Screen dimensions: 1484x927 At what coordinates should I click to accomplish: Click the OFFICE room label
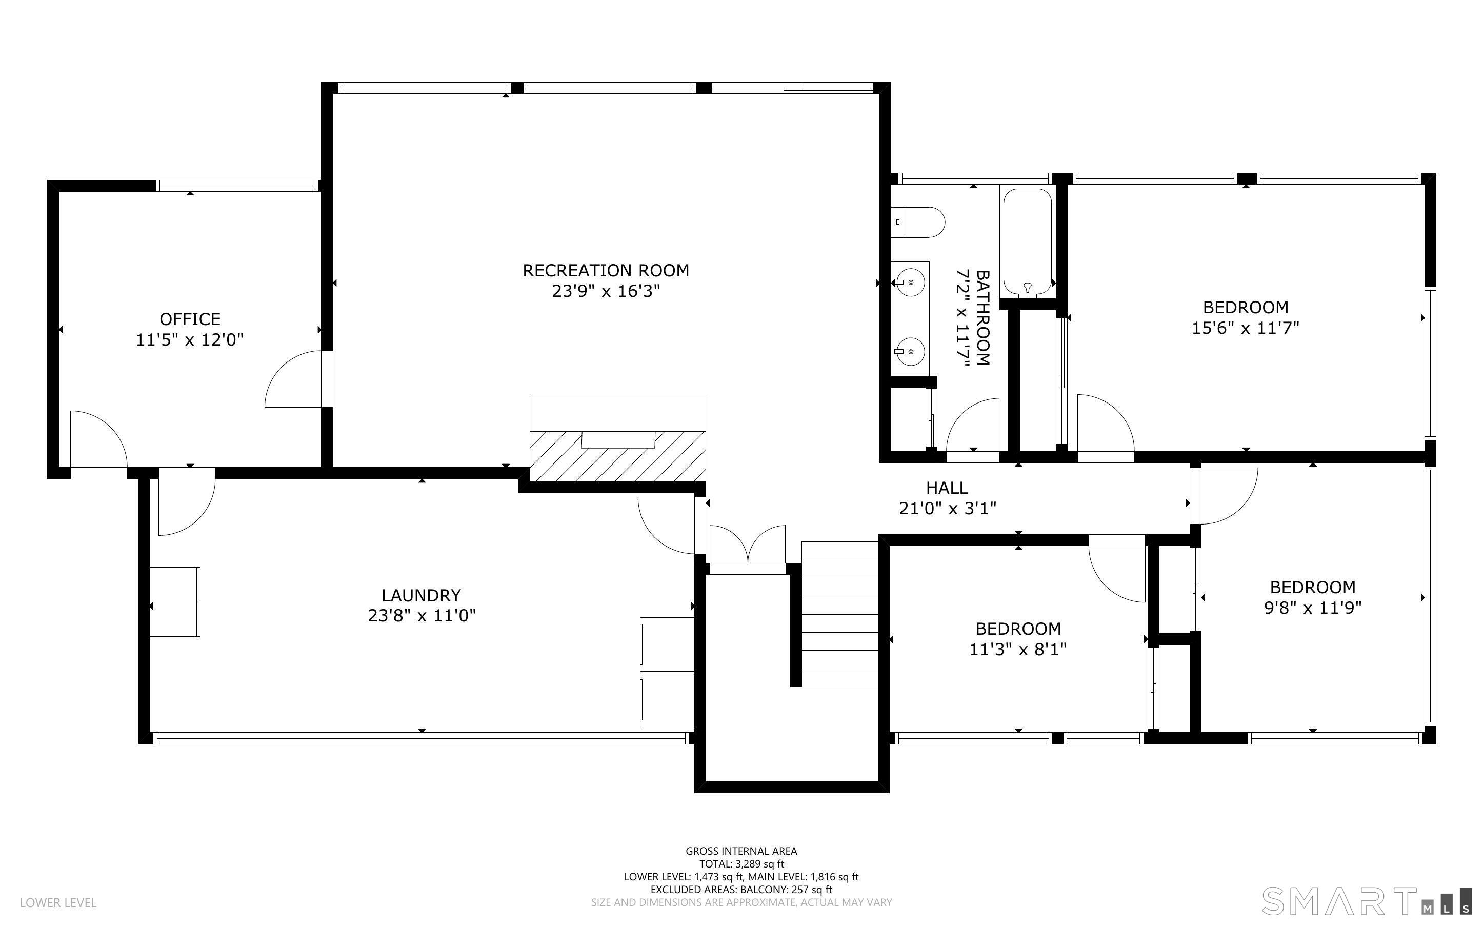coord(190,319)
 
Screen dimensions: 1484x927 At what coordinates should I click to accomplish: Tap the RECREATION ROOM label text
coord(606,270)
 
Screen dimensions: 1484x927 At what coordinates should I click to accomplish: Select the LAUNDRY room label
coord(421,595)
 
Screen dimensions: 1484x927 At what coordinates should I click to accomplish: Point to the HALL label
coord(947,488)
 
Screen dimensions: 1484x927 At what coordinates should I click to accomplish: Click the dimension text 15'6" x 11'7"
coord(1246,328)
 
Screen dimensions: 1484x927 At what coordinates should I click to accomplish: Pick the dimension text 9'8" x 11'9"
coord(1313,608)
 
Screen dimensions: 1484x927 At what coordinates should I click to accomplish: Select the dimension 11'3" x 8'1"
coord(1018,649)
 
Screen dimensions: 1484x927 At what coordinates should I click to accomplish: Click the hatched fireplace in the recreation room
coord(617,455)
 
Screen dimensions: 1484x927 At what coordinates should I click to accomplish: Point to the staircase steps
coord(839,614)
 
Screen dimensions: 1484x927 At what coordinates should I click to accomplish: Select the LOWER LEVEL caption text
coord(58,902)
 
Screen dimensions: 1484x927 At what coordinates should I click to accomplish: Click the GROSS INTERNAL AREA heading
coord(741,851)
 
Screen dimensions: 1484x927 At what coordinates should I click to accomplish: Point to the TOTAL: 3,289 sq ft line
coord(741,864)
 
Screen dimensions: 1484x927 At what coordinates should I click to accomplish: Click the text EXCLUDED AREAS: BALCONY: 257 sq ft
coord(741,890)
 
